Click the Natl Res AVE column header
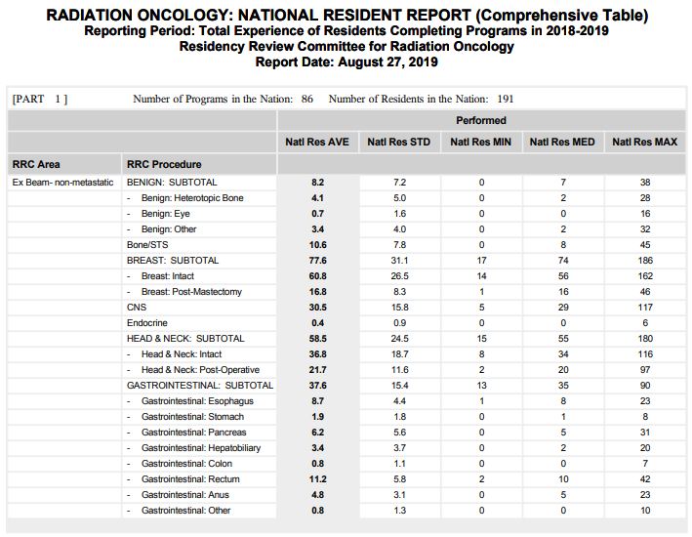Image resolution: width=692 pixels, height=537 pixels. [317, 143]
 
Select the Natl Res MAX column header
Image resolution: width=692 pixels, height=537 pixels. [644, 143]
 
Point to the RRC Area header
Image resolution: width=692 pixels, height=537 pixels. [36, 164]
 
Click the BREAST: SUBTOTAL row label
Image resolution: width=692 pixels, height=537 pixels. [173, 261]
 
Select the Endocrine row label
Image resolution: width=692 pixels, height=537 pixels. [146, 323]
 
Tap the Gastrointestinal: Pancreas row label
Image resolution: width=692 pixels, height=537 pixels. [193, 433]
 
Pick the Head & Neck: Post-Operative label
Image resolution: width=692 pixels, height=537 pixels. [200, 370]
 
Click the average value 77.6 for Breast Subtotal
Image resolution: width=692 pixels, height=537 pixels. [317, 261]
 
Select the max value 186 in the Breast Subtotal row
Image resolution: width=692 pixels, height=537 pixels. [644, 261]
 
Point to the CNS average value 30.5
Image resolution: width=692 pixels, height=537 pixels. [317, 308]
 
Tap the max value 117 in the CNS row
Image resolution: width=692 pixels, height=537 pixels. [644, 308]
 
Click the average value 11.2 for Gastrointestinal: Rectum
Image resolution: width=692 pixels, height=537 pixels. [317, 479]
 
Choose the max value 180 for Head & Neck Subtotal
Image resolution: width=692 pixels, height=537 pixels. [644, 339]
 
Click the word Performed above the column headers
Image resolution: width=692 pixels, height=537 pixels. [481, 121]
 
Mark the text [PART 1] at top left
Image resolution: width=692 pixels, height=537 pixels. [40, 99]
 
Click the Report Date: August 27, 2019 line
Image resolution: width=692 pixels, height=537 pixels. [346, 62]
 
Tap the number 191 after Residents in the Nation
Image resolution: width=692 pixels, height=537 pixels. [505, 99]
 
